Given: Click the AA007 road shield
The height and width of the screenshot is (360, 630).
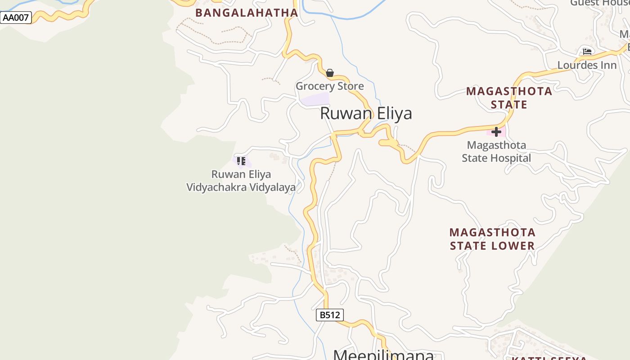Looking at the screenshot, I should (16, 18).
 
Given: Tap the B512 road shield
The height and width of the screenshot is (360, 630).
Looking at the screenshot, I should (330, 315).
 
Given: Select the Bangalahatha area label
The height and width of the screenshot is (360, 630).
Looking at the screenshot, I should (247, 13).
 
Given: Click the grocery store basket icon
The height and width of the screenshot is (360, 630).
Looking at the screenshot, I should (330, 73).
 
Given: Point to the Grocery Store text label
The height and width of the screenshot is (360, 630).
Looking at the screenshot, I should (329, 86).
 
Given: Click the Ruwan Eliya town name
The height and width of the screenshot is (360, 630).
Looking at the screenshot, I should (366, 113).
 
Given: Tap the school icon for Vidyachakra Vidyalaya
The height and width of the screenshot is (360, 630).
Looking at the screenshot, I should (241, 161).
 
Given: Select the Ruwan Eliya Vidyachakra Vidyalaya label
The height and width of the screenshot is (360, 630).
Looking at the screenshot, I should (241, 180).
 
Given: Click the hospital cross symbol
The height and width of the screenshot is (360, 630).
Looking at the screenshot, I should (496, 132).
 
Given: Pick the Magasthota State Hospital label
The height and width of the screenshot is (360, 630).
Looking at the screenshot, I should (496, 152).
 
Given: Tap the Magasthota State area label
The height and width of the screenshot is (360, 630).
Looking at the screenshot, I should (509, 98).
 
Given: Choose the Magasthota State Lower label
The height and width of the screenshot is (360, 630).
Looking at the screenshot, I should (492, 239).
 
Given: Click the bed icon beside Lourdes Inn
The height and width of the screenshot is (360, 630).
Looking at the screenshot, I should (587, 52).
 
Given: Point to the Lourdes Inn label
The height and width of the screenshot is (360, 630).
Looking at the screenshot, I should (587, 65).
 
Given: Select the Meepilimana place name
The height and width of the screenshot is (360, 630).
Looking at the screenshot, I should (383, 355).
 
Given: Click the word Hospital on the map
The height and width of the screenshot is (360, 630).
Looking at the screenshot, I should (509, 158).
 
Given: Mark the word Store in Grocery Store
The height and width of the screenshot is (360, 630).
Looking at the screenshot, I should (349, 86).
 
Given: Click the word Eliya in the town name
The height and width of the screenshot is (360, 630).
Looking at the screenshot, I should (391, 113).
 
